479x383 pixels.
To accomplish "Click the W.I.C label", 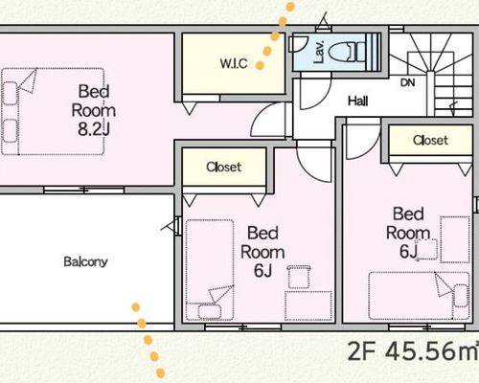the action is tap(234, 63).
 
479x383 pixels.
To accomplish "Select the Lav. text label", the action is tap(319, 52).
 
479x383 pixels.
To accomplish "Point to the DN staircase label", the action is tap(408, 83).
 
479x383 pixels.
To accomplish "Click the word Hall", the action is tap(357, 101).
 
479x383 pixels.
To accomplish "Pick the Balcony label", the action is tap(85, 261).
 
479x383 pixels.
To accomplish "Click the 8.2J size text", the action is tap(94, 129).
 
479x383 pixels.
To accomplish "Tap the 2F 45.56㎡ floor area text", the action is tap(413, 350).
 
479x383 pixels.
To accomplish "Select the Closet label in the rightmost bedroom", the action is tap(430, 140).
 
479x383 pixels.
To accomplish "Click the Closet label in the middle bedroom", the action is tap(223, 167).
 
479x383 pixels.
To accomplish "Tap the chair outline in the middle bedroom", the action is tap(299, 277).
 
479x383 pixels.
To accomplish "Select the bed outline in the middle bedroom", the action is tap(210, 270).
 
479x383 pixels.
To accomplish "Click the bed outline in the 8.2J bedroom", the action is tap(53, 112).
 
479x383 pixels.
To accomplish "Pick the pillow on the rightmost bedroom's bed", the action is tap(461, 296).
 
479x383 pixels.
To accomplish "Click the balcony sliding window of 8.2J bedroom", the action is tap(84, 191).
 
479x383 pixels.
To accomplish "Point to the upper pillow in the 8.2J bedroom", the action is tap(10, 93).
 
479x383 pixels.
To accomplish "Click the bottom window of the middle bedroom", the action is tap(243, 327).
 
